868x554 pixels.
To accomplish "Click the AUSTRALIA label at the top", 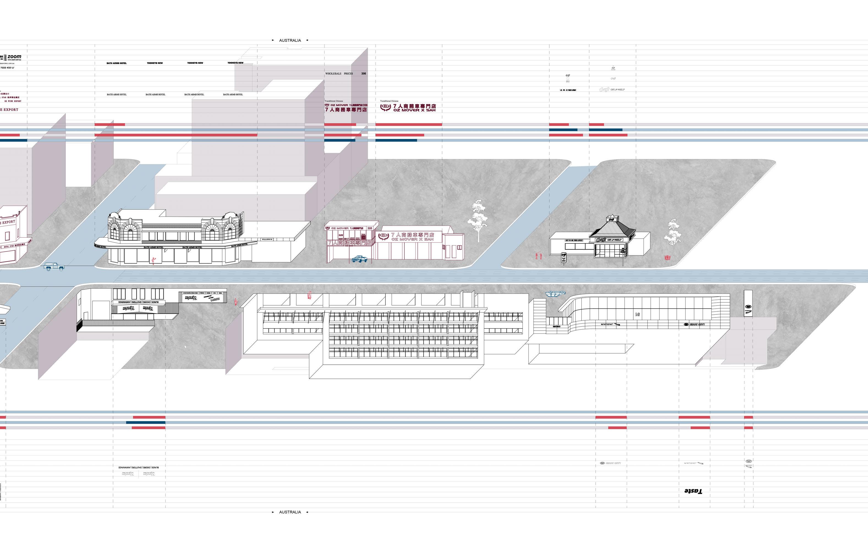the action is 290,40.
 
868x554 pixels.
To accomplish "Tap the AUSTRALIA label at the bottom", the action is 290,512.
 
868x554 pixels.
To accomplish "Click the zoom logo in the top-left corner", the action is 14,57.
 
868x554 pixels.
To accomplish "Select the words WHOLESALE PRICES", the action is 339,73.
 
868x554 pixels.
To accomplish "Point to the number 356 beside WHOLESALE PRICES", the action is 363,73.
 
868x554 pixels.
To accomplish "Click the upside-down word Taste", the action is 693,491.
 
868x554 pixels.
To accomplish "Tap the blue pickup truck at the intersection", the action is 54,267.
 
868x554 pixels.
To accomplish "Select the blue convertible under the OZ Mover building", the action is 359,259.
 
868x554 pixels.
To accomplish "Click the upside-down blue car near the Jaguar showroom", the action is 555,293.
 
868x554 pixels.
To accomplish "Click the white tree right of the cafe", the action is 673,232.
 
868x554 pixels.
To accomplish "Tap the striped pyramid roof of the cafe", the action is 612,229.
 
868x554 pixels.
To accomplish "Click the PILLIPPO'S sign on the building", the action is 267,239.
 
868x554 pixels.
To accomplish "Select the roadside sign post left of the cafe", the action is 564,258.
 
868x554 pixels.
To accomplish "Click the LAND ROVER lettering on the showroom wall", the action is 694,324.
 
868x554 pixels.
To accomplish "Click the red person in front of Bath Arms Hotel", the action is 154,260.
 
